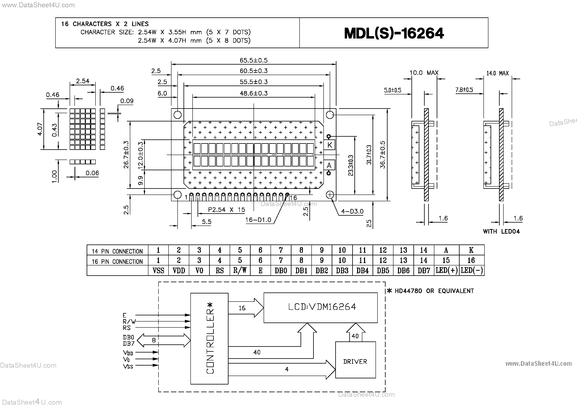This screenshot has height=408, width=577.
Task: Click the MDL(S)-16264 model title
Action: (394, 33)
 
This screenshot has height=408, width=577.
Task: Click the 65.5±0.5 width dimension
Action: (253, 60)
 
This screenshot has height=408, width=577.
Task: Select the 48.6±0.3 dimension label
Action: (253, 93)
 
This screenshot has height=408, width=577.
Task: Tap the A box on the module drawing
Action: (329, 165)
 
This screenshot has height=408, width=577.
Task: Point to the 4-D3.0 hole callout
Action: (352, 212)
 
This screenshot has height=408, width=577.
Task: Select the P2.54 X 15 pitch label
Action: (226, 210)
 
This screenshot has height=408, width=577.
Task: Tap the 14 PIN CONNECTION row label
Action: (117, 251)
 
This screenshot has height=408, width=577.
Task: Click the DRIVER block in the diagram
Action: (355, 361)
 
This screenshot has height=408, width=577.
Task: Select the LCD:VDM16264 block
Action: (322, 307)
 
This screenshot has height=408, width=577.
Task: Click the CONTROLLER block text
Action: (210, 338)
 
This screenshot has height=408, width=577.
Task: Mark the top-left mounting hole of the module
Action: (177, 115)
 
